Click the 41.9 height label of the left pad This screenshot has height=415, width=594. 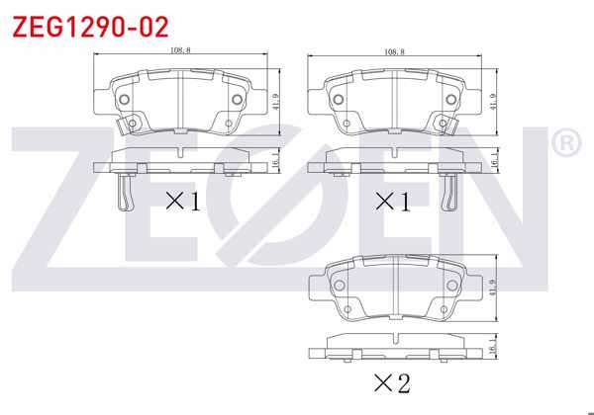[x=277, y=102]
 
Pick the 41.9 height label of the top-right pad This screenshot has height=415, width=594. [x=492, y=102]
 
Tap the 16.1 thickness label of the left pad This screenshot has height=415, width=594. [x=277, y=161]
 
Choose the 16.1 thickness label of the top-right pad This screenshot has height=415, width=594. [x=492, y=161]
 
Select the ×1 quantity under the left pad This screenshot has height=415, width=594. [x=182, y=202]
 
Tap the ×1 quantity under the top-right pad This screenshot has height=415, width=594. [x=392, y=202]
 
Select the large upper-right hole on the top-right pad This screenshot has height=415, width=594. [x=450, y=99]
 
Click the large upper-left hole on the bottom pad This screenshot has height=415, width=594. [x=338, y=284]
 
